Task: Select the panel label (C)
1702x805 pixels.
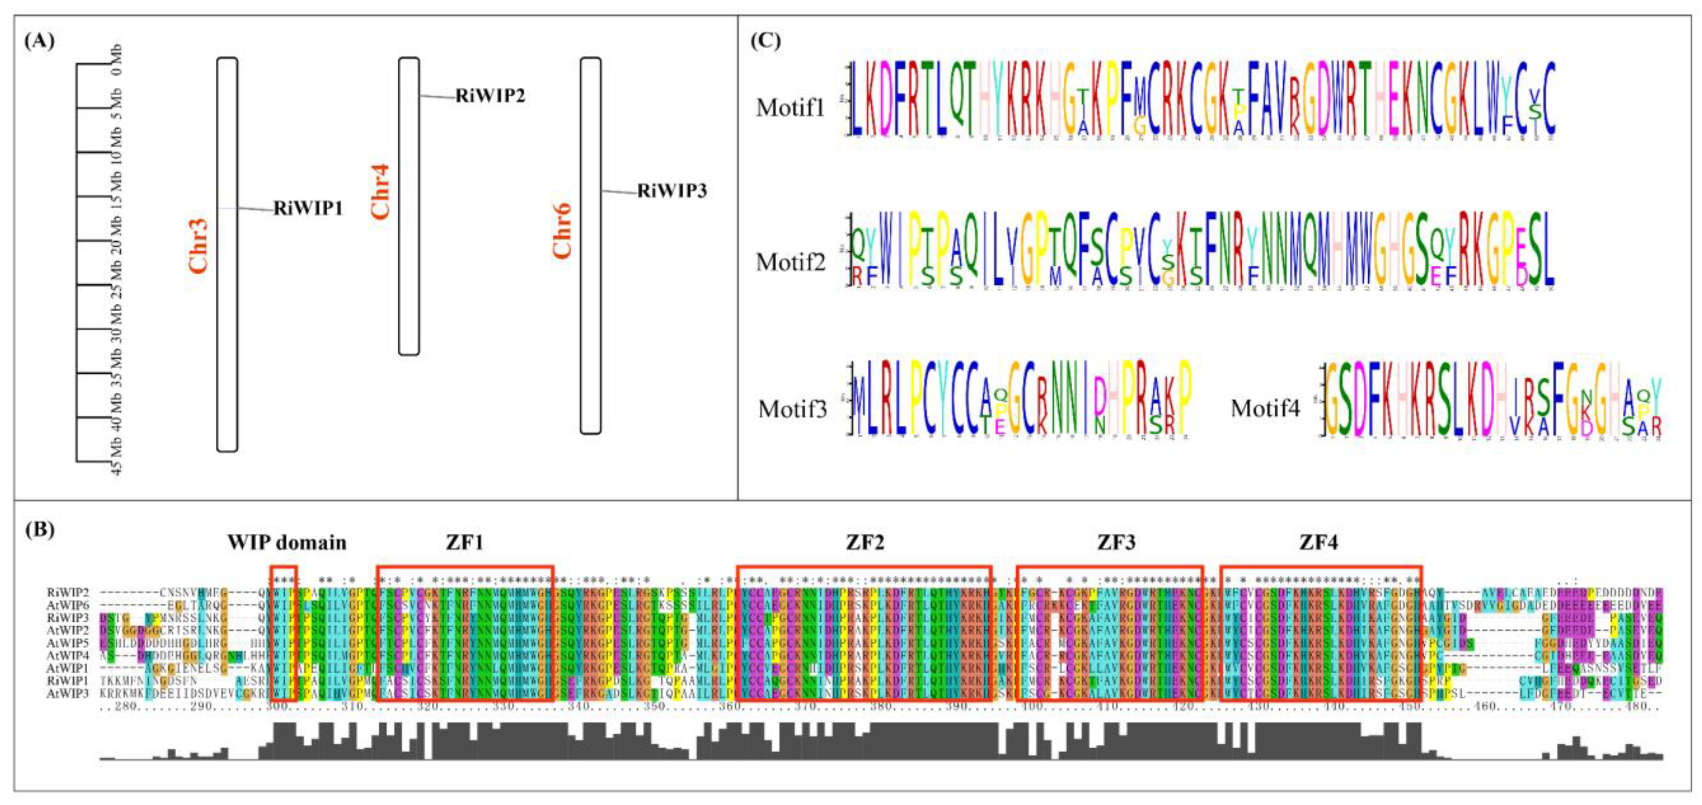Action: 765,41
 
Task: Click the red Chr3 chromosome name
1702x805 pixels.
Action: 197,245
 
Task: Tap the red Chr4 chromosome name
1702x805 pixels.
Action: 380,191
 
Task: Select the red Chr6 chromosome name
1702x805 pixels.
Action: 562,231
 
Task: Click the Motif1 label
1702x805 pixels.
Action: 790,107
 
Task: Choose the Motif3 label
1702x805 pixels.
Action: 792,409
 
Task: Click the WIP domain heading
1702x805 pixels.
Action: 287,543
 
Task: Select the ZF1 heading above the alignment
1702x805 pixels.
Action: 465,543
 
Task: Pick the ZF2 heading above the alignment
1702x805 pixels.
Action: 864,543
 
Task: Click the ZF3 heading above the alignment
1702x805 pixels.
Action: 1116,543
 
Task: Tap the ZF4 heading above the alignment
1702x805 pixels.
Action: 1318,543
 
